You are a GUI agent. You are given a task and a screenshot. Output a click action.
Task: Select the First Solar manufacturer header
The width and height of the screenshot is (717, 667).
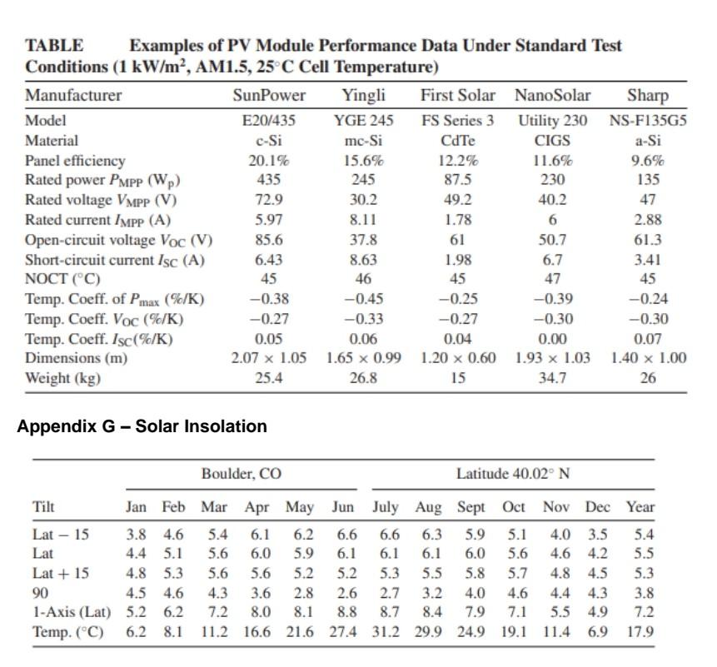[x=457, y=95]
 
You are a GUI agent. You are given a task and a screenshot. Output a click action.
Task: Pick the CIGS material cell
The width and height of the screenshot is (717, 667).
[x=551, y=140]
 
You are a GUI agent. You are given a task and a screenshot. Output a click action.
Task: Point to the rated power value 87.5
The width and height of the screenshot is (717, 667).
[x=457, y=180]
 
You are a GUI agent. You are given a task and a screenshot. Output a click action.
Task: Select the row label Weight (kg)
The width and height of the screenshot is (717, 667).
[x=62, y=378]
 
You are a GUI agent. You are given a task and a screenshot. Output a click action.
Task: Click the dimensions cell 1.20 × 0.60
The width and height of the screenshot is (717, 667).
[x=457, y=358]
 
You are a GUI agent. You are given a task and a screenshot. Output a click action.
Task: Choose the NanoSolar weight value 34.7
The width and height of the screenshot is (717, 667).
[x=551, y=378]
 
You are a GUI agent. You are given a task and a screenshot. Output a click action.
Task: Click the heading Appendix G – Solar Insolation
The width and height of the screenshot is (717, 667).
[x=142, y=426]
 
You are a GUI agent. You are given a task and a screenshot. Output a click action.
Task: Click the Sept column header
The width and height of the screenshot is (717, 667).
[x=471, y=506]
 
